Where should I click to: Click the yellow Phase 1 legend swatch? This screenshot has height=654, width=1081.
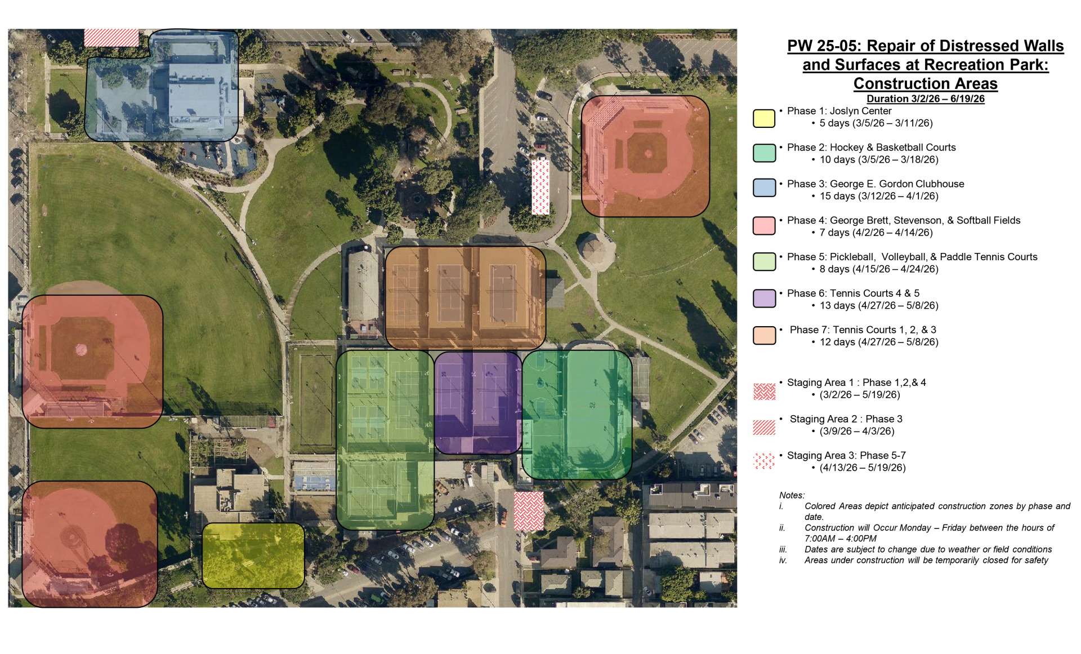(764, 118)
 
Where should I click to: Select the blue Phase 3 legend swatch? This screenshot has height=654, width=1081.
(764, 188)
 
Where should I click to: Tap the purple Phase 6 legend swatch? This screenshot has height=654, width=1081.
(764, 299)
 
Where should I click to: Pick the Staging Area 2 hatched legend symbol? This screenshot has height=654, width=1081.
(764, 428)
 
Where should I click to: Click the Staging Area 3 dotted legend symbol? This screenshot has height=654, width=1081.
(764, 461)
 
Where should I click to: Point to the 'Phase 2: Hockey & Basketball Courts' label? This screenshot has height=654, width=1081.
(871, 148)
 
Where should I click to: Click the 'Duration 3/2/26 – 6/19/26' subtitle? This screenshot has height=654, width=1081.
(925, 99)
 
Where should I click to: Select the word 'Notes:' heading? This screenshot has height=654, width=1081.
(792, 495)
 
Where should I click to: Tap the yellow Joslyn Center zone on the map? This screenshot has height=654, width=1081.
(253, 555)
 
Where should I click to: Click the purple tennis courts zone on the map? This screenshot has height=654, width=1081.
(477, 402)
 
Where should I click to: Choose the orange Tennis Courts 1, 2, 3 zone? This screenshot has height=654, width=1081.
(465, 297)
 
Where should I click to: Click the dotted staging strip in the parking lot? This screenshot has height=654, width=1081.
(540, 187)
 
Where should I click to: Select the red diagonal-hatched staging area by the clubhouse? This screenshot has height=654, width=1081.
(111, 38)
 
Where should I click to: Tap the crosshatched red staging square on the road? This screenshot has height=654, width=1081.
(529, 511)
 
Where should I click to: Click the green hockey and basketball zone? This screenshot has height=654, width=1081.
(577, 415)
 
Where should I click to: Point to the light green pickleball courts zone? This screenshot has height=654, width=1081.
(385, 439)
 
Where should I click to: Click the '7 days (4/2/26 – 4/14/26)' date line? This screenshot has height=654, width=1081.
(875, 233)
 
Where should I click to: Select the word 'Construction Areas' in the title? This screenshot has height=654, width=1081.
(925, 84)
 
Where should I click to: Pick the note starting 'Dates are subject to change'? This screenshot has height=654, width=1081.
(928, 549)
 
